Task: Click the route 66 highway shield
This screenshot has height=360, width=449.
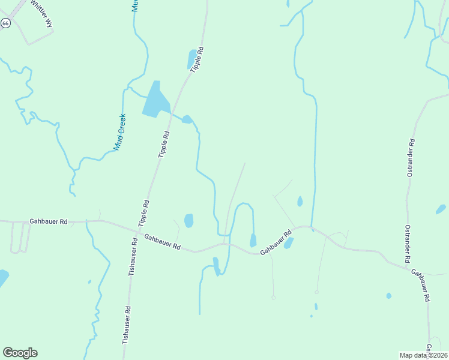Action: [x=5, y=23]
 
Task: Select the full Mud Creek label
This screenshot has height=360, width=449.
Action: [x=120, y=131]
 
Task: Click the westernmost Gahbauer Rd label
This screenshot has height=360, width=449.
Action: [x=48, y=222]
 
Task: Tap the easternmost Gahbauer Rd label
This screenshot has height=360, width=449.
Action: [x=421, y=284]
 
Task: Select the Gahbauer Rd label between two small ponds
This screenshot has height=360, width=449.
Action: [x=276, y=242]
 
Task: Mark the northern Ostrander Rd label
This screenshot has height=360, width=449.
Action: [x=410, y=158]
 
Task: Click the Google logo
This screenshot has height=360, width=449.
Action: [x=20, y=353]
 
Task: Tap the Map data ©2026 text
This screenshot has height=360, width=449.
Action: [x=424, y=355]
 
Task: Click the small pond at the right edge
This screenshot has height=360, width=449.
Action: [x=441, y=209]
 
